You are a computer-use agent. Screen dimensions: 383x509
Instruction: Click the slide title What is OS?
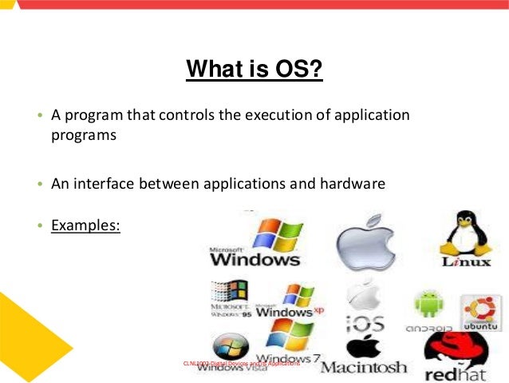click(254, 69)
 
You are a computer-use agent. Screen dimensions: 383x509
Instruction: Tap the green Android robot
click(428, 305)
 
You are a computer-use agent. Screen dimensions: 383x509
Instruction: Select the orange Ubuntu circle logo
click(482, 309)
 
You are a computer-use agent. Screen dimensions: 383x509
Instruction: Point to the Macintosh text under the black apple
click(364, 368)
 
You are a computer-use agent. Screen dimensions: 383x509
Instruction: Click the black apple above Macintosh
click(364, 346)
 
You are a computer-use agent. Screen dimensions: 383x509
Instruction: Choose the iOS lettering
click(365, 324)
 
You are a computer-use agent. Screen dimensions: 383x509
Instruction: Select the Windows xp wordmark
click(289, 311)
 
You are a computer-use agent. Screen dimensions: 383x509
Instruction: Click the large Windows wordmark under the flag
click(254, 259)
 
